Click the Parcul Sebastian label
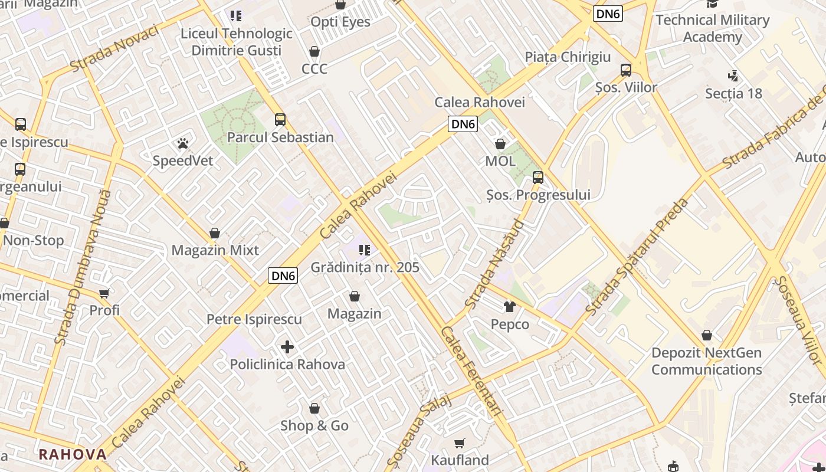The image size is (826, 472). (280, 137)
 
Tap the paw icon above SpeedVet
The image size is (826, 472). (182, 143)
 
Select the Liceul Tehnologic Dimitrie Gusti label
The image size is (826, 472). (237, 42)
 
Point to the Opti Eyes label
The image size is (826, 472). (340, 22)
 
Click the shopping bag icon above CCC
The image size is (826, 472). (314, 51)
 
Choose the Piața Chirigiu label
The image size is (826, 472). (568, 57)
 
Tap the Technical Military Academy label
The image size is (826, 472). (712, 28)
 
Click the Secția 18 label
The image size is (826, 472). (733, 94)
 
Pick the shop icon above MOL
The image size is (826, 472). (500, 144)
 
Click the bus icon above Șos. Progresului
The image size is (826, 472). (537, 177)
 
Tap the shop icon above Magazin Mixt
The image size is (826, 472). (215, 234)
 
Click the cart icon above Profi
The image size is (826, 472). (104, 293)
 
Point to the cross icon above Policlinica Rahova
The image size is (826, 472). (287, 347)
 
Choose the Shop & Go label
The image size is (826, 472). (314, 425)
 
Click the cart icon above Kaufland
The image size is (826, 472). (460, 443)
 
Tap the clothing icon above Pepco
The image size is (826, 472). (510, 307)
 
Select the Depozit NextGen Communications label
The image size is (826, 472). (706, 361)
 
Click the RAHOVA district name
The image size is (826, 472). (73, 454)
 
